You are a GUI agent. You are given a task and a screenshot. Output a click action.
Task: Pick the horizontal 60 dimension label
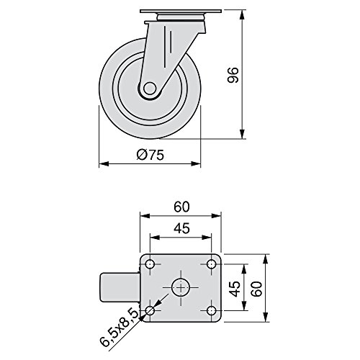click(181, 207)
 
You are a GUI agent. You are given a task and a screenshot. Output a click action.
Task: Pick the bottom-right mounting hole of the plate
click(212, 310)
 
